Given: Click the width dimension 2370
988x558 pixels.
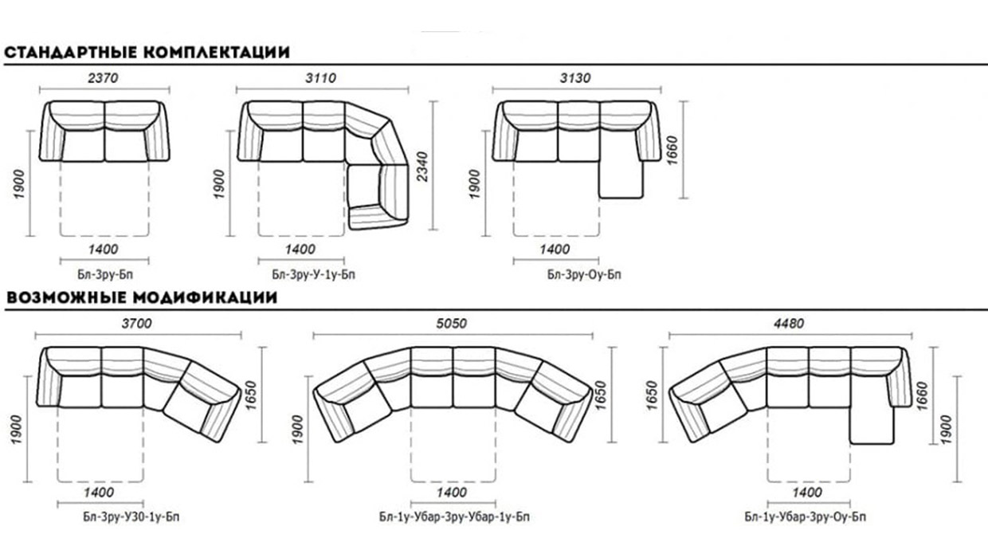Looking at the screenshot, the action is tap(104, 78).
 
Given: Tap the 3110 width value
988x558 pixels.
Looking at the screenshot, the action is tap(320, 78).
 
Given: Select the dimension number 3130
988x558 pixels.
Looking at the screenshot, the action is tap(575, 78).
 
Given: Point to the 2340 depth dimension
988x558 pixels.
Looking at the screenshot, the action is tap(422, 167).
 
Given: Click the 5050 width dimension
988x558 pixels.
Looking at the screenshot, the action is tap(451, 324).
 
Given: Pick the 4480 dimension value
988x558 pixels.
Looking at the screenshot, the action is tap(789, 324).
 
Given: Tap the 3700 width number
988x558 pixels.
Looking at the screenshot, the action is tap(137, 324).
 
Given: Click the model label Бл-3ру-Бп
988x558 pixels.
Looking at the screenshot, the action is tap(105, 274).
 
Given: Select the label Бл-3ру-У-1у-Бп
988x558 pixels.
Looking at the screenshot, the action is tap(313, 274).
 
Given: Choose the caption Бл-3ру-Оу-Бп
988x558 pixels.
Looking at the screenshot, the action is tap(584, 274).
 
